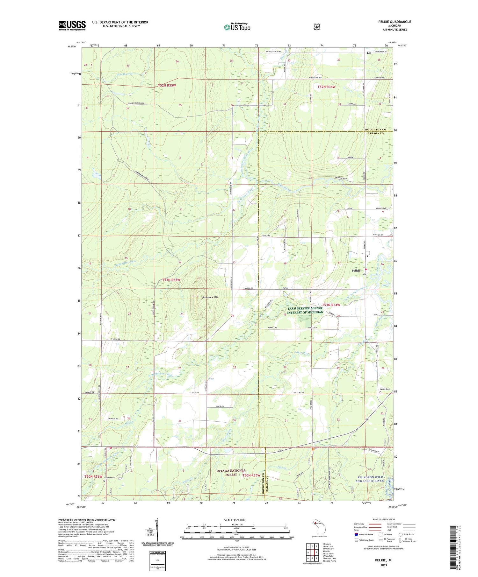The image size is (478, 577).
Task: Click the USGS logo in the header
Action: click(72, 25)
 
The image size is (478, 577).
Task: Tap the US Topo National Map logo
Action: click(237, 27)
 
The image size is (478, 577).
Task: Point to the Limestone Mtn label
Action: click(210, 297)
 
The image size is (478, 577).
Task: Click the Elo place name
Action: click(369, 53)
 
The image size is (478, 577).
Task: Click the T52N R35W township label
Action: click(167, 86)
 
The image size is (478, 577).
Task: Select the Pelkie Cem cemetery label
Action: click(385, 389)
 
